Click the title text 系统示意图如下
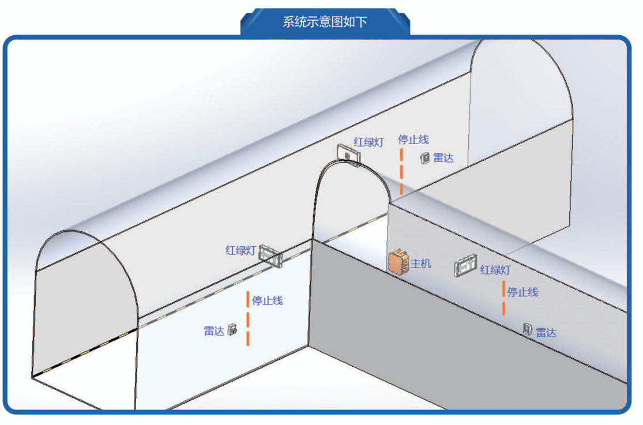[325, 22]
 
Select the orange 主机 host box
[398, 263]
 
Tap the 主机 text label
[420, 264]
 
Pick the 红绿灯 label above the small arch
[368, 142]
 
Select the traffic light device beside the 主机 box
[467, 266]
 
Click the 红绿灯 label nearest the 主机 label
[495, 269]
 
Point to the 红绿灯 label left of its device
[240, 250]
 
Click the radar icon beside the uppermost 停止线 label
[425, 157]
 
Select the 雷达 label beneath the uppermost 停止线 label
[444, 157]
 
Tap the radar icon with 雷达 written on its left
[232, 330]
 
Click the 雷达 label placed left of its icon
[213, 331]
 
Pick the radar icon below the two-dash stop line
[527, 329]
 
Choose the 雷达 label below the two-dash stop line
[546, 332]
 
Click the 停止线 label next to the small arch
[413, 140]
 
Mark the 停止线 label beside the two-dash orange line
[522, 292]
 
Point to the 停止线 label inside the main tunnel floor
[268, 300]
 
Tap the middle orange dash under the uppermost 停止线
[401, 171]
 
